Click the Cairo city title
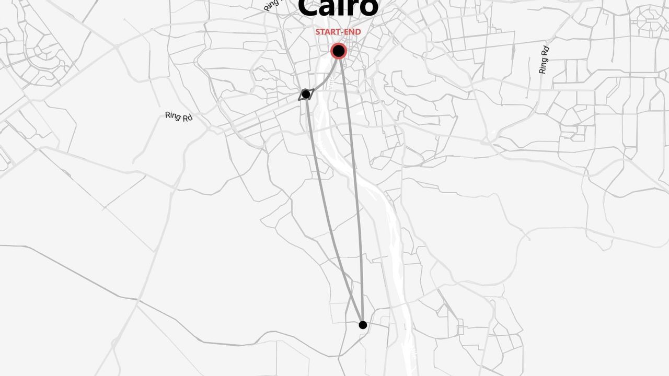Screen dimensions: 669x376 338,7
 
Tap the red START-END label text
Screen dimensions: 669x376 338,32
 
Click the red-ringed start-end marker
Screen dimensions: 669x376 339,51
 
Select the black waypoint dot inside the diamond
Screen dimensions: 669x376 306,94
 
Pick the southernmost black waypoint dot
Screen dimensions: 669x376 363,325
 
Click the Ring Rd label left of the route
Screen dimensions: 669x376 179,116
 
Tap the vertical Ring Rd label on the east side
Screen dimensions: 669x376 544,60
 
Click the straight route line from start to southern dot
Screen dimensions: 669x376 351,188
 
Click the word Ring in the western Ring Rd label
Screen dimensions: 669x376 173,115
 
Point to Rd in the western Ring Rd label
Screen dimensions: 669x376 187,118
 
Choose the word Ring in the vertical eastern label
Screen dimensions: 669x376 544,65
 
